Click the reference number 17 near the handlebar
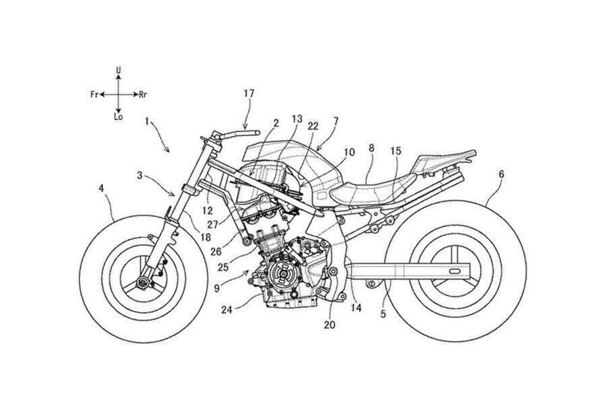[249, 93]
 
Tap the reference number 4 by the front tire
[101, 189]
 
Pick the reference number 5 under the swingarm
[383, 314]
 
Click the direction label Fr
[95, 94]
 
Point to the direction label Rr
[143, 94]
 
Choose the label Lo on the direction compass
[118, 117]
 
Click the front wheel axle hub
[142, 283]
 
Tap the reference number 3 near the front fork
[139, 175]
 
